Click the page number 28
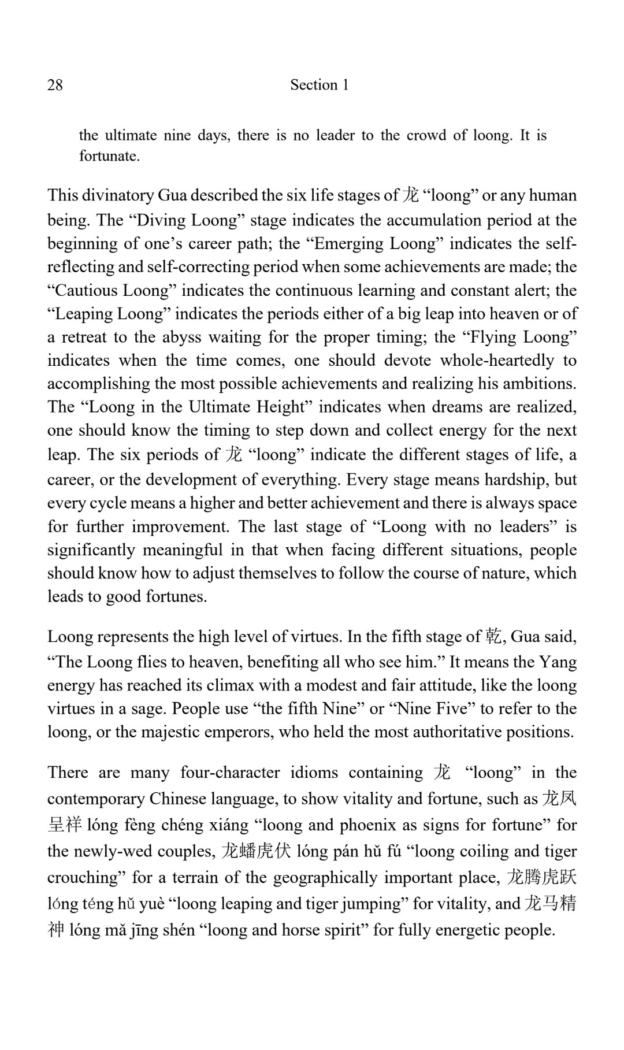pos(55,85)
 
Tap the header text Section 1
pos(319,85)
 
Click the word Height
pos(281,407)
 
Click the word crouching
pos(87,877)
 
